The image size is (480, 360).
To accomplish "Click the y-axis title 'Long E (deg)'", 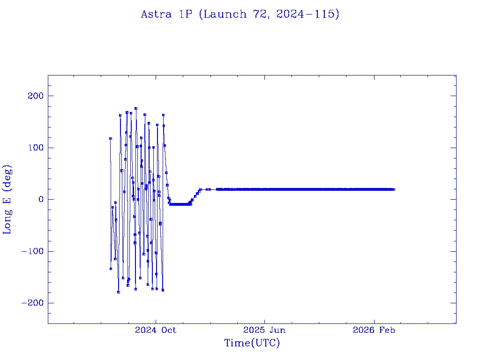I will coord(7,199).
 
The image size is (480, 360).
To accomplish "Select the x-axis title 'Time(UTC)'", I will coord(252,343).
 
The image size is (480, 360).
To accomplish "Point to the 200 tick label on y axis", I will coord(35,96).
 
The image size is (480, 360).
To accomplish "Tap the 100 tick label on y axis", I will coord(35,148).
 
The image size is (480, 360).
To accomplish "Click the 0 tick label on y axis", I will coord(40,199).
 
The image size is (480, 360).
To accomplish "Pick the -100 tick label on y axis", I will coord(32,251).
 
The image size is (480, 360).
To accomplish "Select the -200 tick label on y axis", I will coord(32,303).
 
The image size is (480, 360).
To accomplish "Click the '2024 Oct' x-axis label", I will coord(156,330).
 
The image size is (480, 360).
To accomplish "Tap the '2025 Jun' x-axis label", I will coord(264,330).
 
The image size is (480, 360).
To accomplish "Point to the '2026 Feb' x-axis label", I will coord(374,330).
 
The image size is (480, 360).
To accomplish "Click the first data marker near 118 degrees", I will coord(111,138).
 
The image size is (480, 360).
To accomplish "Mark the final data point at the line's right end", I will coord(394,189).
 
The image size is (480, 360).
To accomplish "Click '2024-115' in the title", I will coord(307,15).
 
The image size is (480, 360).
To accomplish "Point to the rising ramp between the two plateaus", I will coord(195,196).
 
